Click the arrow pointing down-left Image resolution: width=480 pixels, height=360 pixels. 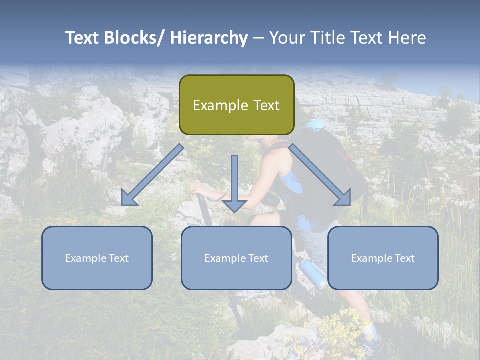coord(153,175)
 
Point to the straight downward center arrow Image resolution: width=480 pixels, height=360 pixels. coord(234,183)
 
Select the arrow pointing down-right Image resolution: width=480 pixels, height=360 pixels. coord(320,175)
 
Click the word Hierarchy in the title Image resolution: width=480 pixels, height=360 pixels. coord(209,38)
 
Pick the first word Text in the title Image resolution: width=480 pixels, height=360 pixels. coord(83,38)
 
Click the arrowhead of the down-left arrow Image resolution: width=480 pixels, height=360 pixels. coord(129,198)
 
